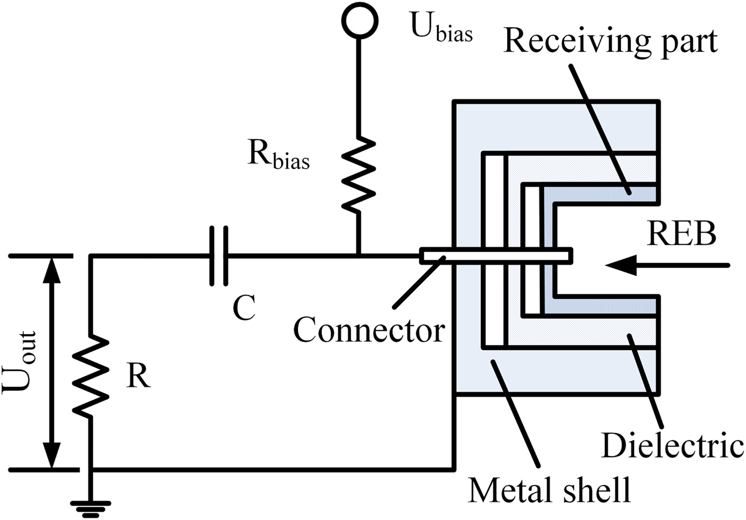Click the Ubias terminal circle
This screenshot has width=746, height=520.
tap(360, 20)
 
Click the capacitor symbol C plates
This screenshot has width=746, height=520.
tap(218, 256)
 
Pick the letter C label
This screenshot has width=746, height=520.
tap(245, 307)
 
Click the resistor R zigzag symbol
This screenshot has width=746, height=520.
tap(91, 375)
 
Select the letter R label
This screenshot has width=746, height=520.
tap(139, 376)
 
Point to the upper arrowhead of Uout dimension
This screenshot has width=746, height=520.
tap(51, 269)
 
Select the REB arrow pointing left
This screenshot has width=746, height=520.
tap(666, 265)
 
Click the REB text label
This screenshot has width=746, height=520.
tap(682, 234)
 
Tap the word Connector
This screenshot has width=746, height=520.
tap(369, 331)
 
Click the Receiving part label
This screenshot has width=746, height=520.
tap(611, 41)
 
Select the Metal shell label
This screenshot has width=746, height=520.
tap(549, 489)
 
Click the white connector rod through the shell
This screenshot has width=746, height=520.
tap(496, 255)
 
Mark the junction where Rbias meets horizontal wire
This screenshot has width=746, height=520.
tap(359, 256)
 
